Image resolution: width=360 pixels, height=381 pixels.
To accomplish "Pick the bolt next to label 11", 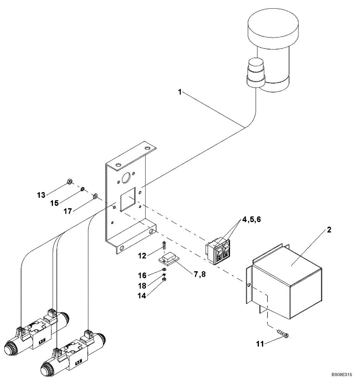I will pos(283,334).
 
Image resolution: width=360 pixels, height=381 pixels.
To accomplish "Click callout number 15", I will pos(55,203).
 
